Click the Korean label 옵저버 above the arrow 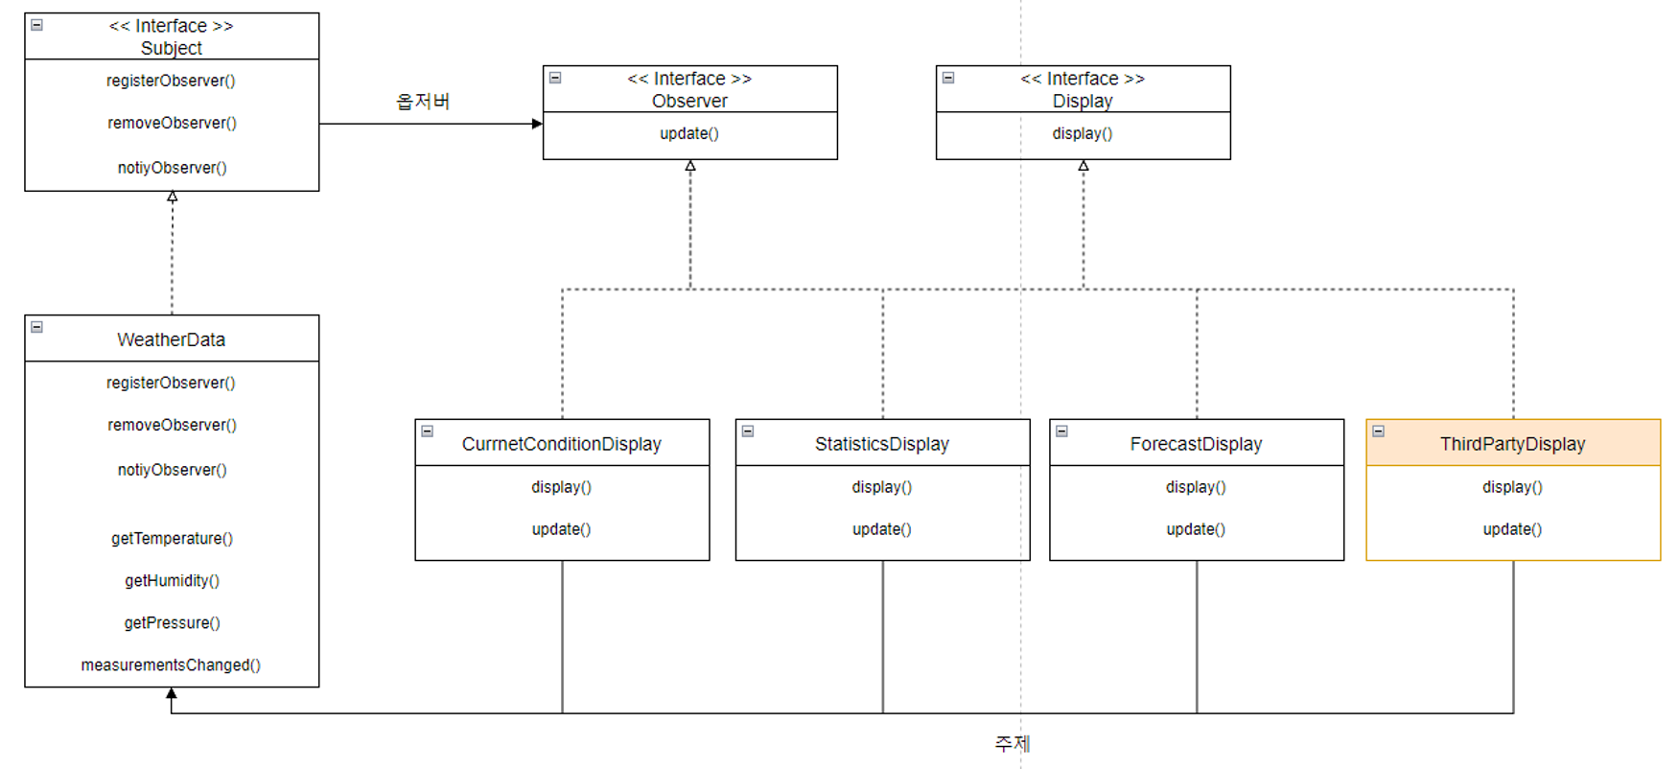[423, 102]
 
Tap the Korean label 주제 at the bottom [1013, 743]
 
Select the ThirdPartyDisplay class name [1512, 444]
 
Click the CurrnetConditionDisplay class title [561, 444]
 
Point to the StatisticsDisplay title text [882, 444]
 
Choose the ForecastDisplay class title [1196, 444]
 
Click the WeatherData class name [171, 339]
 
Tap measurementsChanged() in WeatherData [171, 664]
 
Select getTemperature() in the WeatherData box [172, 538]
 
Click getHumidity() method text [172, 580]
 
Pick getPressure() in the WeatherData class [172, 622]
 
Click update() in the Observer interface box [689, 133]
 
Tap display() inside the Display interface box [1083, 133]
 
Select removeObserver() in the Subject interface [172, 123]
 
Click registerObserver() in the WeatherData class [171, 383]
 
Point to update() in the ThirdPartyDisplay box [1512, 528]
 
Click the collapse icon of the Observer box [555, 78]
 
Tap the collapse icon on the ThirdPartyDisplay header [1378, 431]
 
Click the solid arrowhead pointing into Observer [537, 124]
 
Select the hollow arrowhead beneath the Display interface [1084, 166]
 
